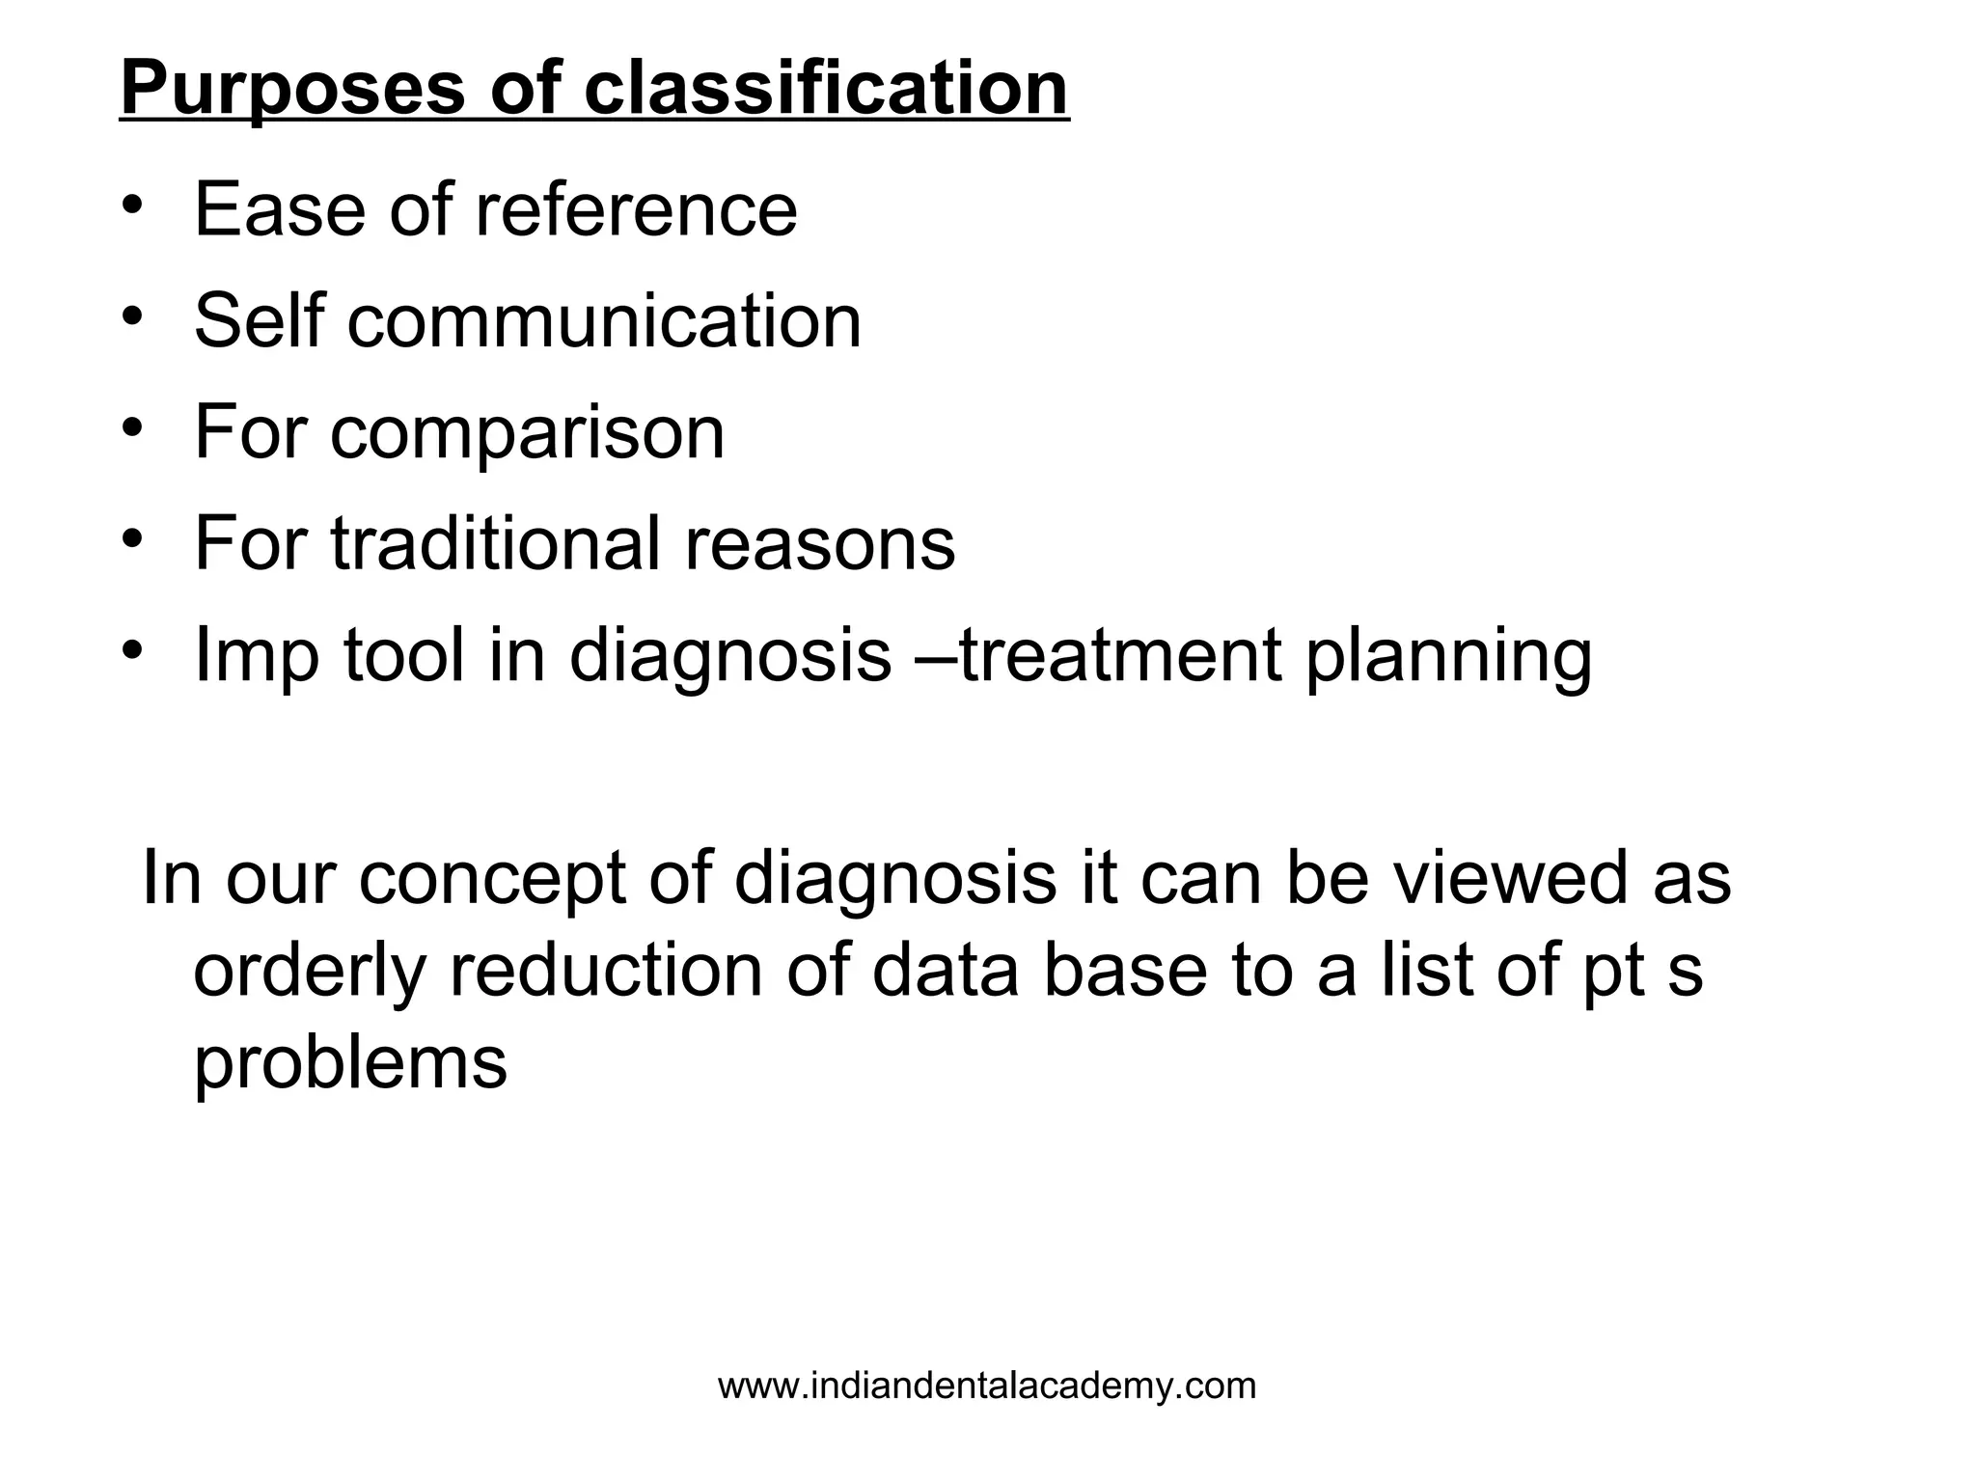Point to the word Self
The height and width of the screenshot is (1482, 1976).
259,320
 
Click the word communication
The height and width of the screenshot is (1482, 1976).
604,320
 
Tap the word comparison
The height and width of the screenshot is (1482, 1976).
527,433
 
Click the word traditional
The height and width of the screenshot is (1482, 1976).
494,544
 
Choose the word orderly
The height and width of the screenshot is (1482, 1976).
309,972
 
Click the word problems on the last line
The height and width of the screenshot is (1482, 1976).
350,1062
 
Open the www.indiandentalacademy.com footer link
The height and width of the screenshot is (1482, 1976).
987,1386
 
